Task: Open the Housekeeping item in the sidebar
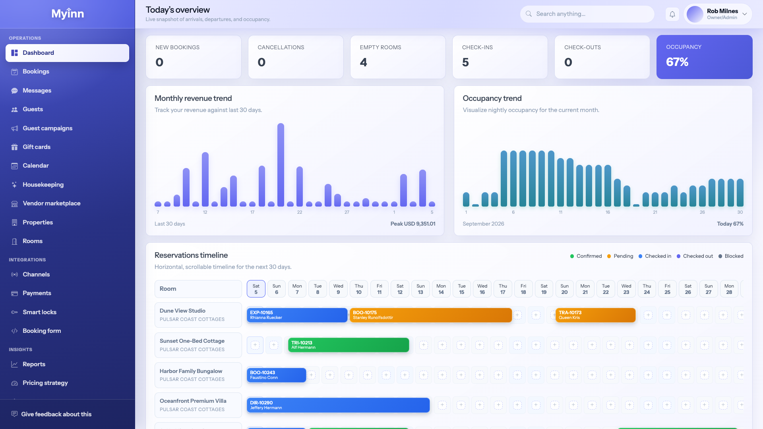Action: (x=43, y=185)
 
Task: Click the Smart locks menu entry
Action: (x=39, y=312)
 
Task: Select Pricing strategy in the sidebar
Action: (x=45, y=383)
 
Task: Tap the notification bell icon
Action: (x=672, y=14)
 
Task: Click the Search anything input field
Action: (x=587, y=14)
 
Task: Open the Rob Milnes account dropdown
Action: (x=718, y=14)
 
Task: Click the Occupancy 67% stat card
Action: (x=704, y=57)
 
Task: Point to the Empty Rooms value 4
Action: (x=363, y=62)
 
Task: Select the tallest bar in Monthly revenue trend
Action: (x=281, y=165)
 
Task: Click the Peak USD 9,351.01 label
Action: (x=413, y=224)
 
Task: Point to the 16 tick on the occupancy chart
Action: (x=608, y=213)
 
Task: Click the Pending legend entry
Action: (x=620, y=256)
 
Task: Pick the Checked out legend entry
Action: (x=695, y=256)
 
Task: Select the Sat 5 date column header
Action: (x=256, y=289)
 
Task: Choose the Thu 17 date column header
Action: (x=503, y=289)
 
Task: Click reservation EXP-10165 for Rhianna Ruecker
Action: (x=297, y=315)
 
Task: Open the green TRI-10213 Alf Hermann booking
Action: (x=349, y=345)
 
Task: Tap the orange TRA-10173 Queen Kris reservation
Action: (x=595, y=315)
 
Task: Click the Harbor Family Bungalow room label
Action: (x=191, y=371)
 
